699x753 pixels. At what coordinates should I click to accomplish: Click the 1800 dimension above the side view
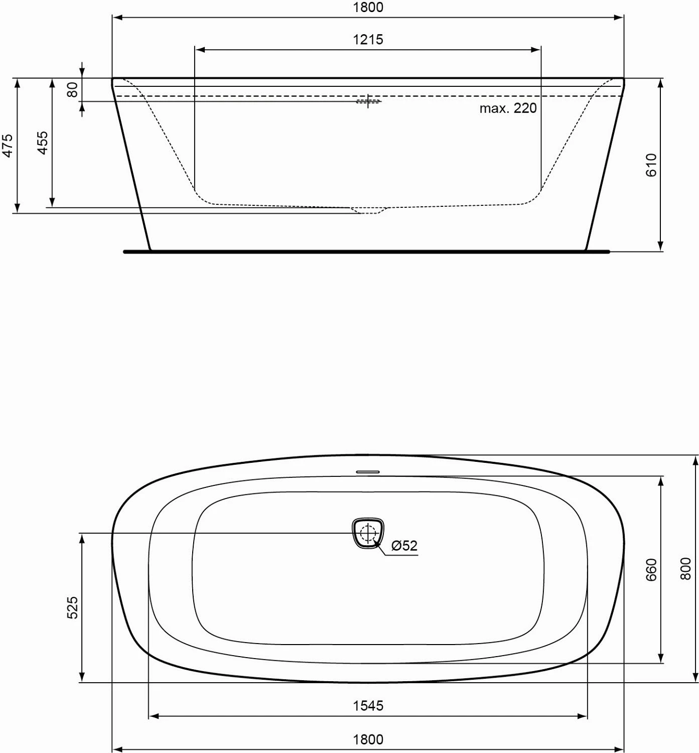point(368,8)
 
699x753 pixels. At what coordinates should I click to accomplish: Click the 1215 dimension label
point(368,39)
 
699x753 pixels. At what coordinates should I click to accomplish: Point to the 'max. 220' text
point(508,108)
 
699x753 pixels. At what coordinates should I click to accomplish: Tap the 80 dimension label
point(73,90)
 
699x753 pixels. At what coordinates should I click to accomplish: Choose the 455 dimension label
point(43,143)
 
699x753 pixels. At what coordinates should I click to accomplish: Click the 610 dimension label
point(651,165)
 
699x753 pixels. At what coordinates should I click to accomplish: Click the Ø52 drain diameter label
point(404,546)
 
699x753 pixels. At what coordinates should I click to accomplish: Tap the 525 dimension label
point(73,607)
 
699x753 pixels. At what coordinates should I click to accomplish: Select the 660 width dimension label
point(651,570)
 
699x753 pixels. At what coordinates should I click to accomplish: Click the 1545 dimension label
point(368,706)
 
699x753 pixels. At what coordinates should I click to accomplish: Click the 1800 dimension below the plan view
point(368,739)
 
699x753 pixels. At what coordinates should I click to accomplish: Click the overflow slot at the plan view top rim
point(368,472)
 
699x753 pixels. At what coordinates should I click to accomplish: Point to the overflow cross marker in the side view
point(369,101)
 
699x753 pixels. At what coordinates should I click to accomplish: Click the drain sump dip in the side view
point(369,210)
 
